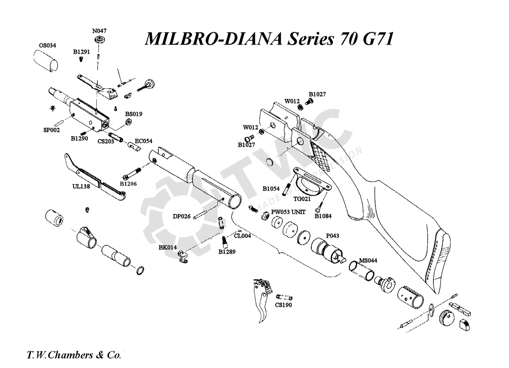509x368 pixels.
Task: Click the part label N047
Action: coord(99,31)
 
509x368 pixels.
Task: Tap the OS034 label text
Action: coord(47,45)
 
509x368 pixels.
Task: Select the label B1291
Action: coord(82,52)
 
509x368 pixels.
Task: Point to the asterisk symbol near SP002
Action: coord(52,108)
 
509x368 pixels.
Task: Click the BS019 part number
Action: coord(134,114)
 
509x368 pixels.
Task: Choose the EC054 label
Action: coord(144,141)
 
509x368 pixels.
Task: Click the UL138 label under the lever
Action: coord(81,186)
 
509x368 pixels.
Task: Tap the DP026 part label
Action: coord(182,216)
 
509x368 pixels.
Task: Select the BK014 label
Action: coord(167,247)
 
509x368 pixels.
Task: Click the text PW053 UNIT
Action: coord(288,212)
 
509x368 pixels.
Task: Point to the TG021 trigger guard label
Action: coord(302,199)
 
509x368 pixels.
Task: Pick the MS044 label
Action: coord(368,260)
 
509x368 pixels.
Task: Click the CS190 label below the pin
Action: coord(284,305)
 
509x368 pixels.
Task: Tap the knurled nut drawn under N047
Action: coord(99,40)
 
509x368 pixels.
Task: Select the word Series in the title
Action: coord(311,39)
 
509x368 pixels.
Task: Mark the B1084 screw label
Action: coord(323,216)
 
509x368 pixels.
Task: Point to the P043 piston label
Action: coord(332,236)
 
